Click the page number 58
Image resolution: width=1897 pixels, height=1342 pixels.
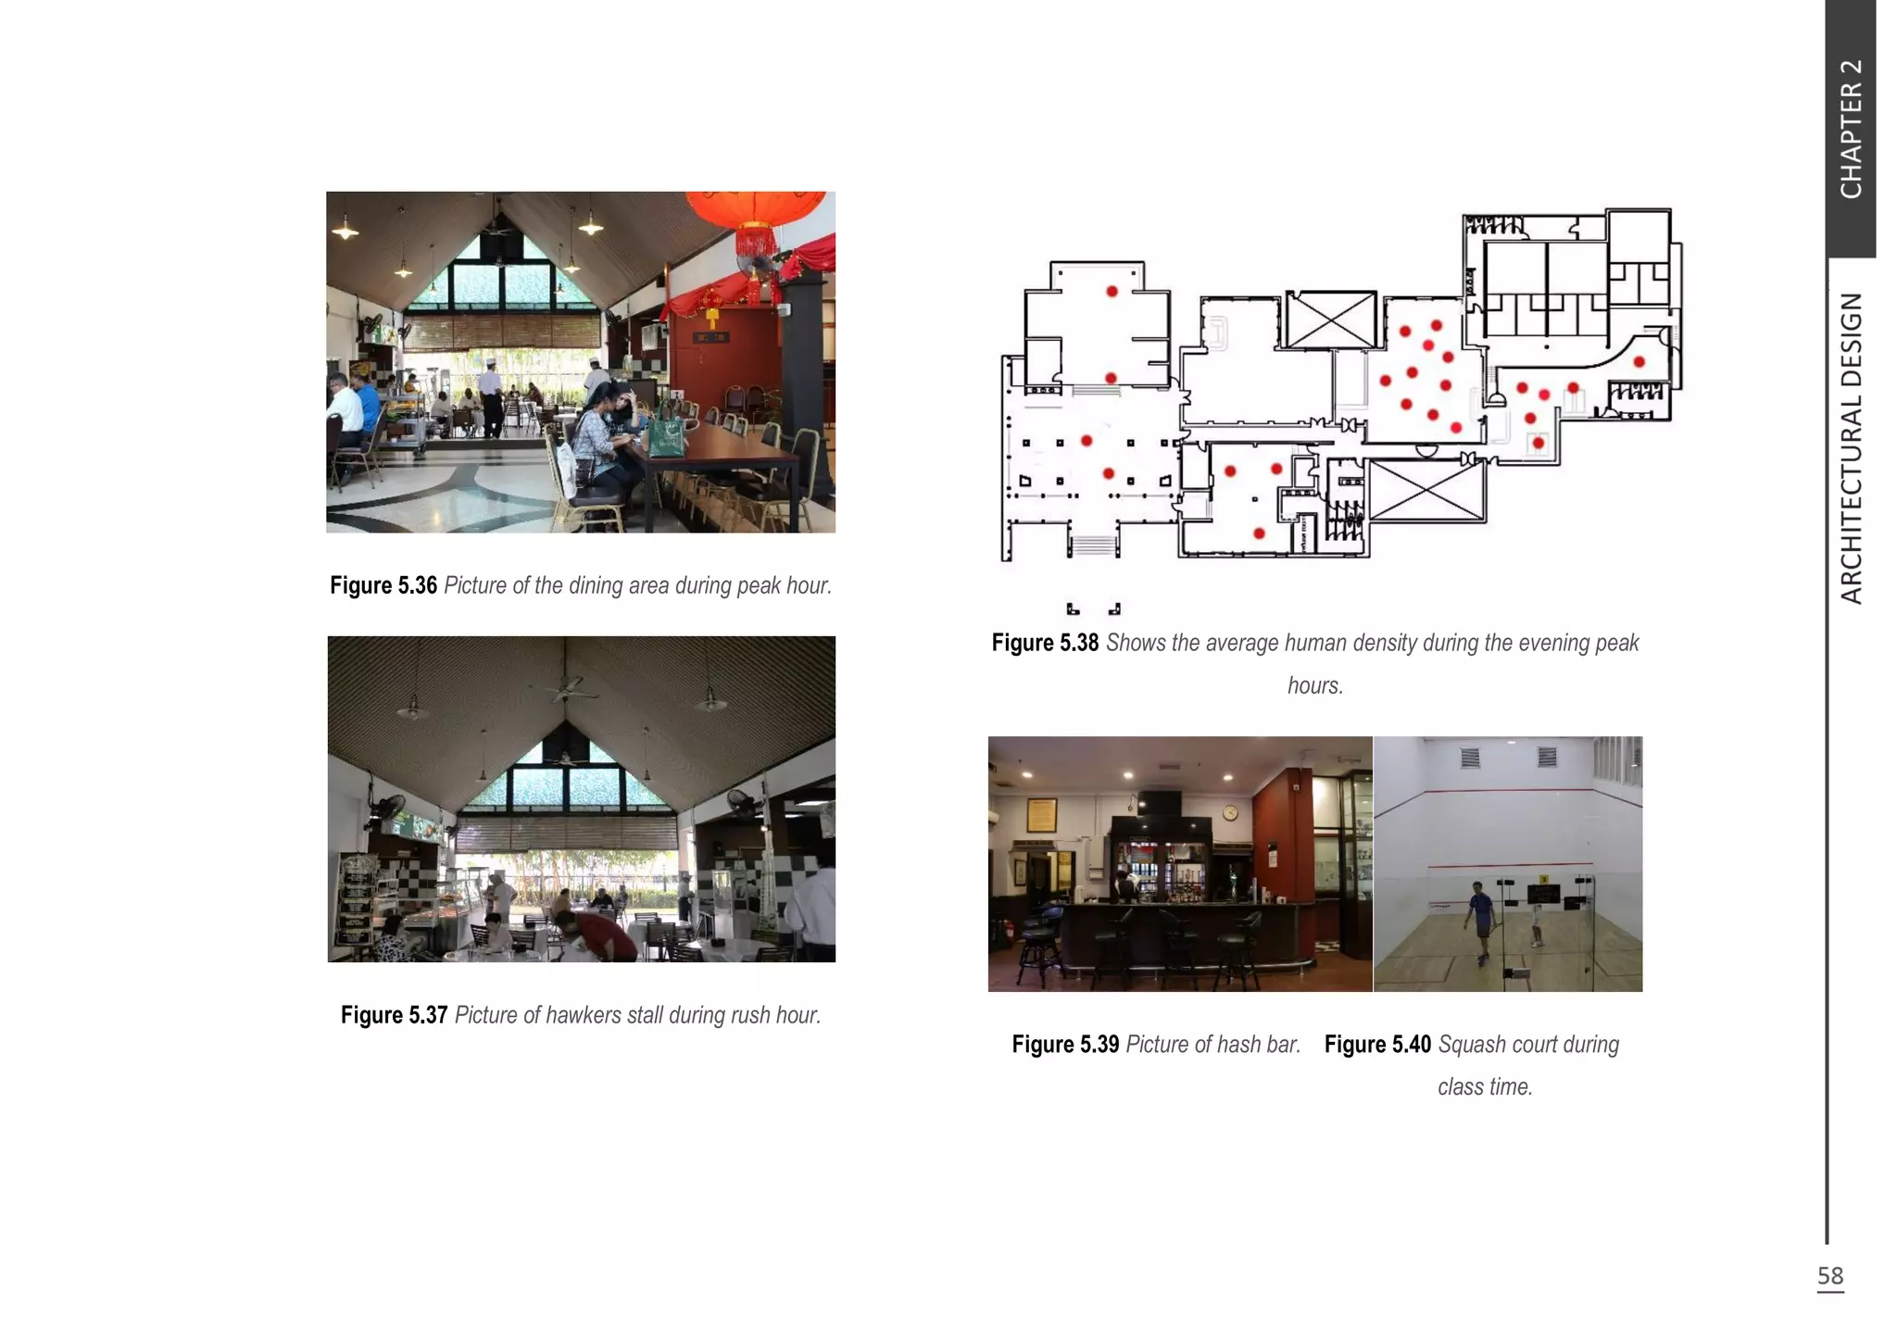click(1830, 1276)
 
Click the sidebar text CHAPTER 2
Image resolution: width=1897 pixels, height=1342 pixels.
click(1851, 129)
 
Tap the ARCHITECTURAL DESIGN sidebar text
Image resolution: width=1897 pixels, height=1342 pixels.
click(1851, 448)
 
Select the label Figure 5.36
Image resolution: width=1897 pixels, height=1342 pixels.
click(383, 585)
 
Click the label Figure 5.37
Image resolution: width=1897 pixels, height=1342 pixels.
click(394, 1015)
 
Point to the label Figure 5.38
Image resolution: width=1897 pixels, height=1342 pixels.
click(1044, 643)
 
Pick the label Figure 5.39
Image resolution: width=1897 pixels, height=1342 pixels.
click(1065, 1045)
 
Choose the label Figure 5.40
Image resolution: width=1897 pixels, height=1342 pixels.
click(1377, 1045)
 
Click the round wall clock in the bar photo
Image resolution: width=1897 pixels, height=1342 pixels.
click(1229, 812)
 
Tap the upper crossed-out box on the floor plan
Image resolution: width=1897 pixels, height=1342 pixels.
click(1331, 320)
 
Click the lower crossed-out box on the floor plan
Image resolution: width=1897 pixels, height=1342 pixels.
click(1426, 491)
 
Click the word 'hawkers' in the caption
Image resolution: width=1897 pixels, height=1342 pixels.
click(583, 1015)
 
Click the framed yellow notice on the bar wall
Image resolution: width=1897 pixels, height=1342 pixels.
click(1042, 814)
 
